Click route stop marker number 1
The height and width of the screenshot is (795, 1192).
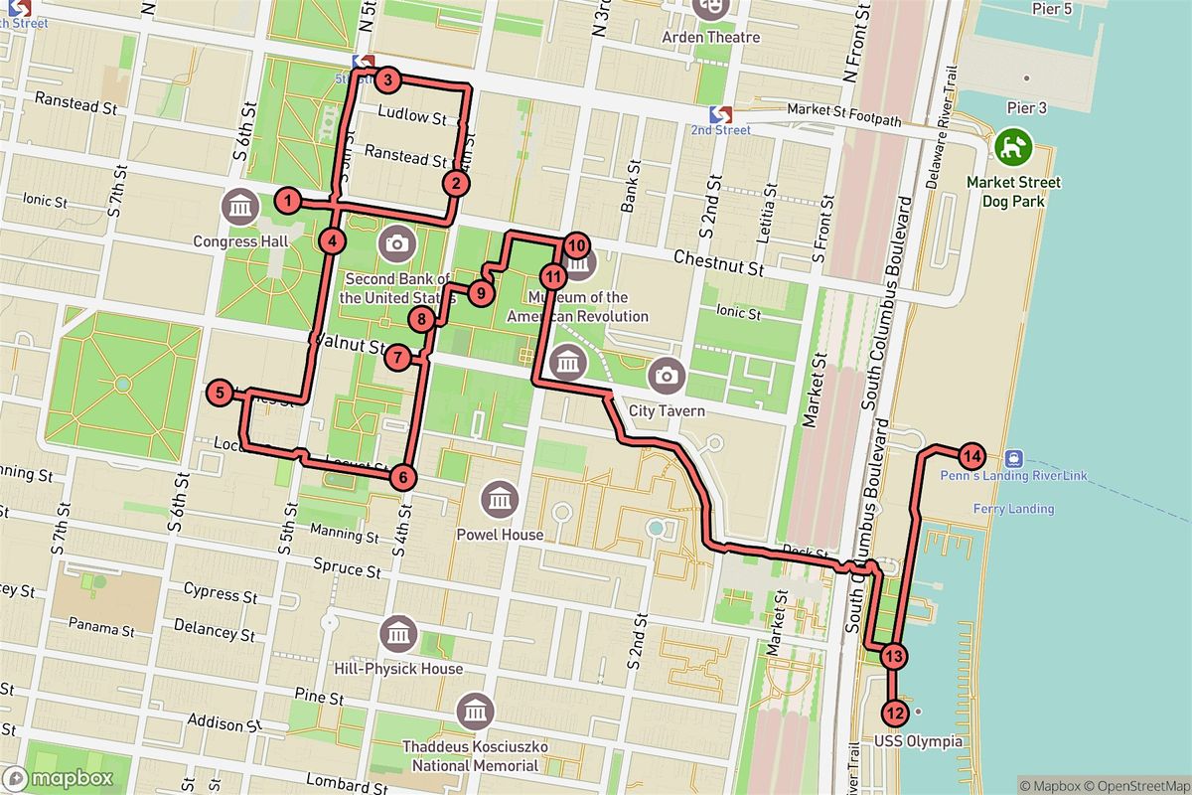coord(287,202)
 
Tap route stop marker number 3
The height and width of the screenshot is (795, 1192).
coord(388,80)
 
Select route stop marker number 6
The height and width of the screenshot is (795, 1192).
coord(402,477)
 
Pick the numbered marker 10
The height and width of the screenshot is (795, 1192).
coord(577,245)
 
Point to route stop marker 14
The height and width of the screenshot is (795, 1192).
coord(971,457)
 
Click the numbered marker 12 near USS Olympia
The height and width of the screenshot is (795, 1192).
coord(895,713)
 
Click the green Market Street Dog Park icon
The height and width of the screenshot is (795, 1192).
coord(1014,148)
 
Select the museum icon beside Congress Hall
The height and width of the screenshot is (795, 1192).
coord(240,208)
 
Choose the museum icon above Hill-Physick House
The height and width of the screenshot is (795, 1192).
coord(398,632)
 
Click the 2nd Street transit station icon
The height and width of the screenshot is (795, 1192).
coord(721,114)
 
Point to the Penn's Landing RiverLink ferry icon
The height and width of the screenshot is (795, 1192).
coord(1014,458)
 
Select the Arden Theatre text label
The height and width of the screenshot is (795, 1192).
coord(710,38)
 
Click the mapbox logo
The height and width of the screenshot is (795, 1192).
coord(58,778)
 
